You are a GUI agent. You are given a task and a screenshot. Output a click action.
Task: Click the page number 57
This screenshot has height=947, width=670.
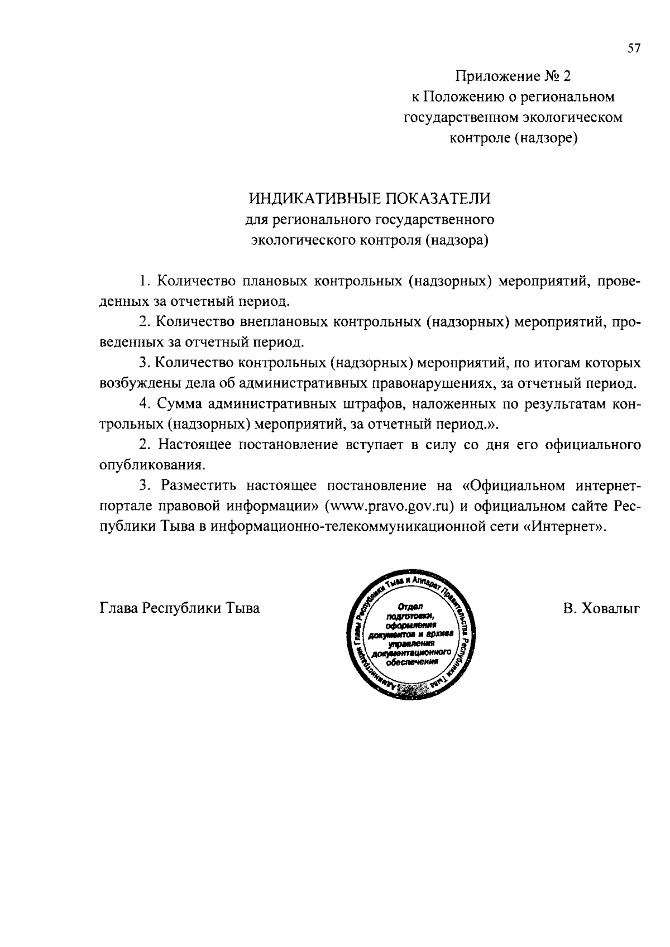634,49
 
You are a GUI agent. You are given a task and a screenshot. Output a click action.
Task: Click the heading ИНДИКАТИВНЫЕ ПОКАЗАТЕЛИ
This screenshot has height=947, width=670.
370,199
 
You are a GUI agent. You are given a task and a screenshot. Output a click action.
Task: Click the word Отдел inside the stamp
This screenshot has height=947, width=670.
411,607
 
